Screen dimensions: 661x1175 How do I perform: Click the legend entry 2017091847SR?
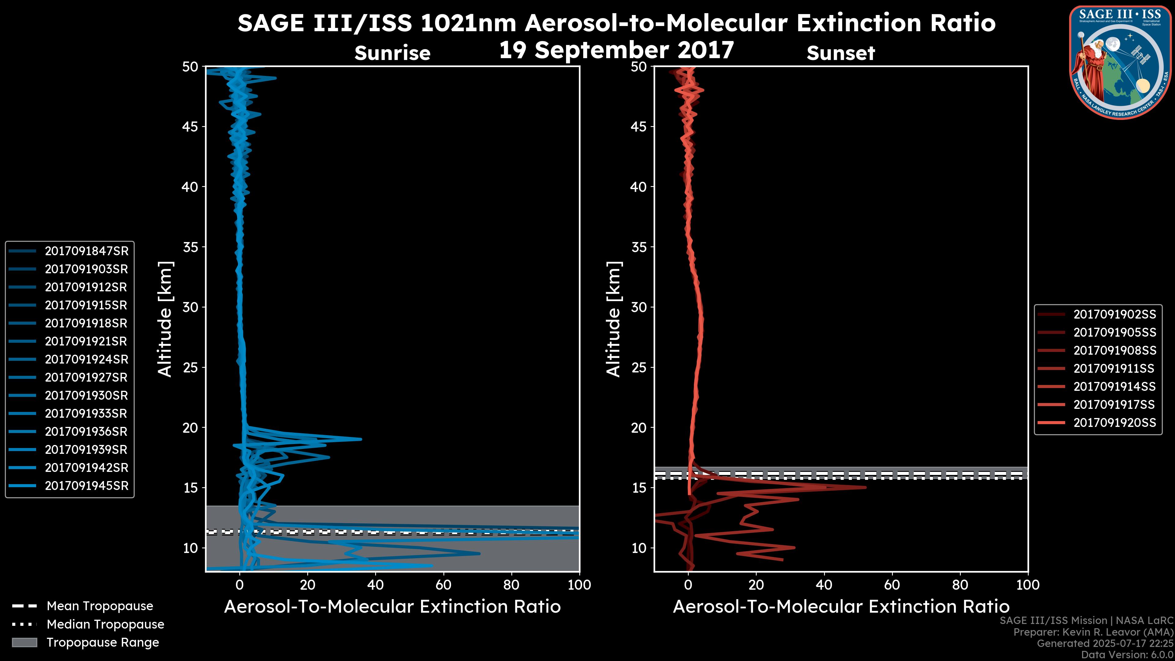pyautogui.click(x=86, y=251)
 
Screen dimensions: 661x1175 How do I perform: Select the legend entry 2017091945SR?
pyautogui.click(x=86, y=486)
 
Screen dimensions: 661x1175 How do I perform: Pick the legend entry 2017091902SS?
pyautogui.click(x=1114, y=314)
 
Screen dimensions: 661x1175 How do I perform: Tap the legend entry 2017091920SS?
pyautogui.click(x=1114, y=423)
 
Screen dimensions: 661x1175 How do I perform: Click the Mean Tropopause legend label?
pyautogui.click(x=100, y=606)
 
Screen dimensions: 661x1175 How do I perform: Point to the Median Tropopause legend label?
pyautogui.click(x=105, y=625)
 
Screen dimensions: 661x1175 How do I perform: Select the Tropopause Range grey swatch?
pyautogui.click(x=24, y=643)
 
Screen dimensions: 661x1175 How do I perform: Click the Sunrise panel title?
pyautogui.click(x=392, y=53)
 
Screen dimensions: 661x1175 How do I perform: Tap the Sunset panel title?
pyautogui.click(x=841, y=53)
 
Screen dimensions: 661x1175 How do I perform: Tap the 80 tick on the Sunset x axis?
pyautogui.click(x=960, y=585)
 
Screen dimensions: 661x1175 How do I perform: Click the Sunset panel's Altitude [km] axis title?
pyautogui.click(x=614, y=319)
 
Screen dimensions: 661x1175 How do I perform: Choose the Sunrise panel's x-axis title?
pyautogui.click(x=392, y=607)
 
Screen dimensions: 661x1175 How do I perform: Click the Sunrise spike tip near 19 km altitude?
pyautogui.click(x=361, y=439)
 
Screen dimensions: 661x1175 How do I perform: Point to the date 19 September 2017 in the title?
pyautogui.click(x=616, y=50)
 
